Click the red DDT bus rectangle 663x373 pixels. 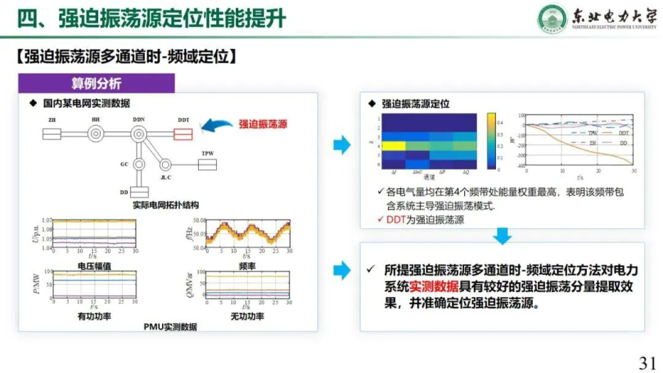pyautogui.click(x=184, y=133)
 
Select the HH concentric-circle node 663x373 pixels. pyautogui.click(x=96, y=133)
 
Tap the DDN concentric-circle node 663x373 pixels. pyautogui.click(x=139, y=133)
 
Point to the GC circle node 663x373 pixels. pyautogui.click(x=139, y=164)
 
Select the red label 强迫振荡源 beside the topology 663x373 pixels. pyautogui.click(x=263, y=124)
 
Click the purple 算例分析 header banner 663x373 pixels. pyautogui.click(x=96, y=83)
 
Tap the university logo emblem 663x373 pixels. pyautogui.click(x=552, y=18)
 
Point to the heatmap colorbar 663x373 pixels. pyautogui.click(x=492, y=140)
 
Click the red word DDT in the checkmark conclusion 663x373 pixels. pyautogui.click(x=396, y=220)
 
